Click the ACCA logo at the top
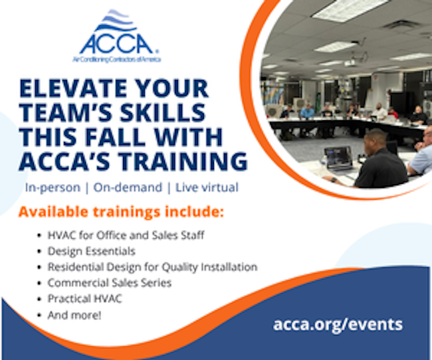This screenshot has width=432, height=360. point(117,35)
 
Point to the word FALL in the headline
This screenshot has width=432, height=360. point(115,137)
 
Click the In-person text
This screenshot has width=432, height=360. point(53,187)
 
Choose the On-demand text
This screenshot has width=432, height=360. point(128,187)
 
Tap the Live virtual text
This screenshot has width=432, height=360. point(207,187)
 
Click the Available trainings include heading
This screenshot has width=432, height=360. point(121,212)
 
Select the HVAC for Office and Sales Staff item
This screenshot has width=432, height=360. point(126,235)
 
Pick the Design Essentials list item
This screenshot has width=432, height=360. point(92,251)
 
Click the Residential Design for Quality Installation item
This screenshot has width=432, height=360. point(153,267)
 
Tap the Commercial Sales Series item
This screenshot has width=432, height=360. point(110,283)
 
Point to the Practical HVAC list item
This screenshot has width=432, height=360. point(85,299)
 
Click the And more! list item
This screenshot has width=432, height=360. point(74,315)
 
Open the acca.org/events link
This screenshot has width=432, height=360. point(338,325)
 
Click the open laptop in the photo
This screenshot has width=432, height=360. point(338,158)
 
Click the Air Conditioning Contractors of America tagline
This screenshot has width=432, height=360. point(117,59)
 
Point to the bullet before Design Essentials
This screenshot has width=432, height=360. point(39,252)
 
